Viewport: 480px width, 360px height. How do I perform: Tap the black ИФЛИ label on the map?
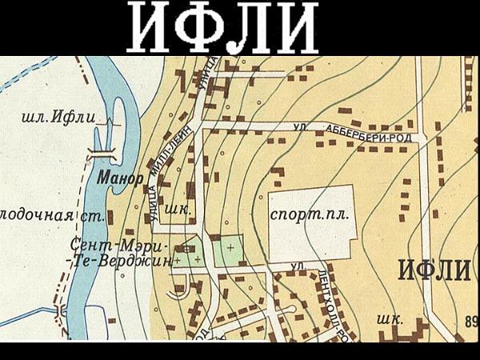coord(433,271)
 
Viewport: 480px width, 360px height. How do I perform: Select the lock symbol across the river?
coord(102,151)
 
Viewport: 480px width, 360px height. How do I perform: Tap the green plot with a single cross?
coord(230,251)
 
